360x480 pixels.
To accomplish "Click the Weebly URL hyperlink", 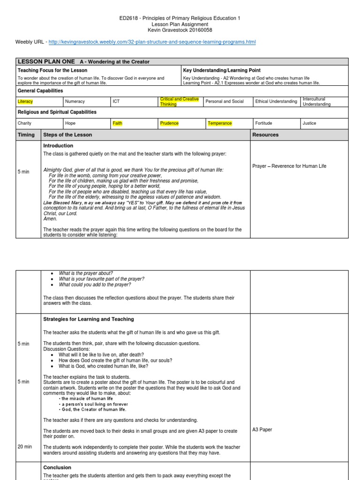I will coord(152,42).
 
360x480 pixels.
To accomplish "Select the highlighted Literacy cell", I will coord(25,101).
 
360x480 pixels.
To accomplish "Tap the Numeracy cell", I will coord(75,101).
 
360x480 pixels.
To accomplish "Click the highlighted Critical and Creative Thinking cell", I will coord(180,102).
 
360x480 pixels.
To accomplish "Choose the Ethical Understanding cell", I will coord(276,101).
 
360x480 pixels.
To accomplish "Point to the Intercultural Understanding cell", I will coord(316,102).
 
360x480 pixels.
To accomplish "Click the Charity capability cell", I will coord(24,123).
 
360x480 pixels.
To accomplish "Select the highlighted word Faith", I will coord(117,123).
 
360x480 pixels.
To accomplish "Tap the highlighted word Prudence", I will coord(169,123).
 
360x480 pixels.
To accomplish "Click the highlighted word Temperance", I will coord(220,123).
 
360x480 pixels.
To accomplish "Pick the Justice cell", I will coord(309,123).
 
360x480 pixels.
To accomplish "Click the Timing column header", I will coord(26,135).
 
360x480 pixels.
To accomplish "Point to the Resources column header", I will coord(265,135).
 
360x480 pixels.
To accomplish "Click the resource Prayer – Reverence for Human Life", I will coord(289,166).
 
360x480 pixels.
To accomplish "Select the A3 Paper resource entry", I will coord(262,429).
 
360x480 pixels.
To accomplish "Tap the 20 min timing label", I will coord(25,447).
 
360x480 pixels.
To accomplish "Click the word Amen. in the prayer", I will coord(50,219).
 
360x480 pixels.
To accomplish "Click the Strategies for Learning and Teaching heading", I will coord(89,319).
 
